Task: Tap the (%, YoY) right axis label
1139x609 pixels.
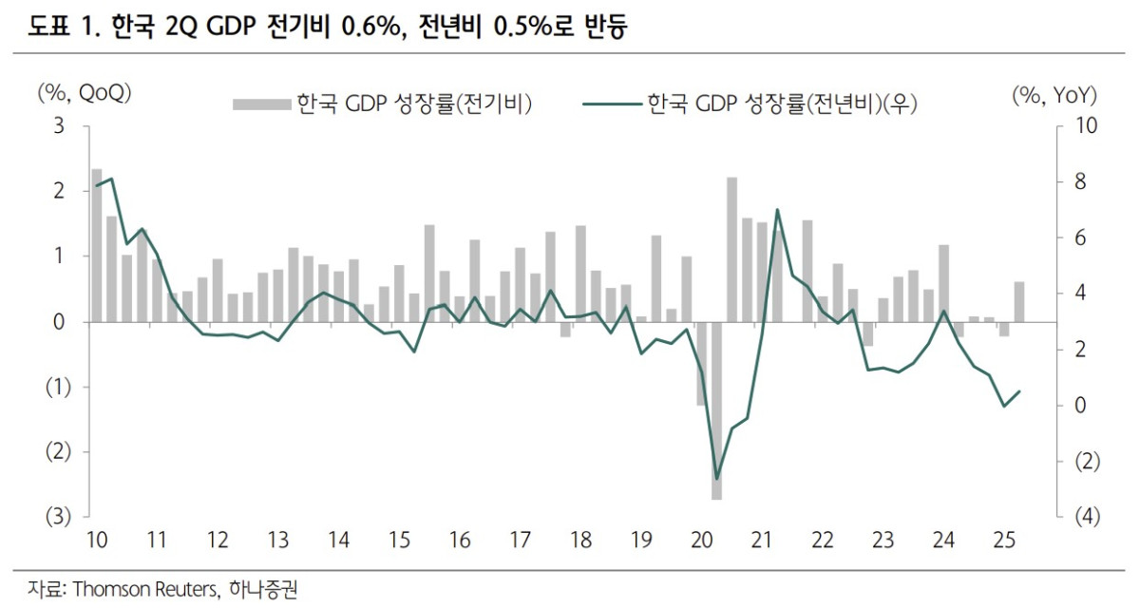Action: tap(1054, 93)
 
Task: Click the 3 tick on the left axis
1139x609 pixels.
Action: tap(59, 125)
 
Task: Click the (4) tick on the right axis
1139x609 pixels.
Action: tap(1087, 517)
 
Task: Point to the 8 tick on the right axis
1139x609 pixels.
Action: tap(1080, 181)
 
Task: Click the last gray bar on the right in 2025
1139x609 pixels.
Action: tap(1019, 302)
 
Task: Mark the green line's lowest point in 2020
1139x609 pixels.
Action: tap(717, 479)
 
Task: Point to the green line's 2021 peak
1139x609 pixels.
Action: tap(777, 210)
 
